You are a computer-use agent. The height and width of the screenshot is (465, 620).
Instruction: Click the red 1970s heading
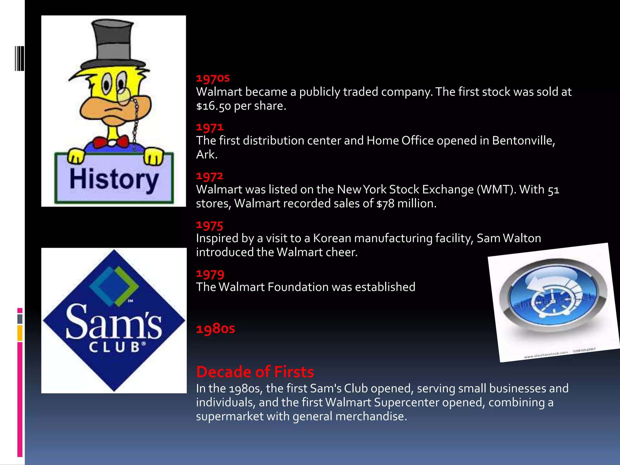pos(213,78)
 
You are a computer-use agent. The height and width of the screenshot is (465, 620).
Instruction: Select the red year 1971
pos(209,127)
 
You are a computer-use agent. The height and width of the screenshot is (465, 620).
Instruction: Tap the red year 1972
pos(209,176)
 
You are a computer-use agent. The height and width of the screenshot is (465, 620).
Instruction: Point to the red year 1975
pos(209,225)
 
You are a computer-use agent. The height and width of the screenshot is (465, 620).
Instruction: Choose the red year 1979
pos(210,274)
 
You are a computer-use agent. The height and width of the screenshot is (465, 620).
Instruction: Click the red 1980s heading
pos(215,329)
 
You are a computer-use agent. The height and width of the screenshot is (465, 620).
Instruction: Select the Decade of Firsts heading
pos(255,372)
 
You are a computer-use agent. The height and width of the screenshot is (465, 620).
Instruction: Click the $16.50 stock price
pos(213,106)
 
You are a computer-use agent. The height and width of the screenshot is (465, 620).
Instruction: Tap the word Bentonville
pos(523,141)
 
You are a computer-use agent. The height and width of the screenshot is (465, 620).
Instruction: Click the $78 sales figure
pos(385,204)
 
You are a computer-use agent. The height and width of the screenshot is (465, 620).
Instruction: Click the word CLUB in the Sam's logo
pos(114,347)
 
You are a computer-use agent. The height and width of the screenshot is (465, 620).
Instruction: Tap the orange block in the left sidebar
pos(20,333)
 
